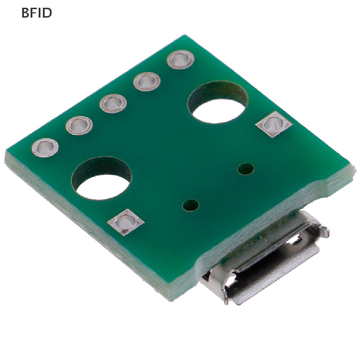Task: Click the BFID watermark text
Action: coord(37,13)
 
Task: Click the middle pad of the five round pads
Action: coord(113,104)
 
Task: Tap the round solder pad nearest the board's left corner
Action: coord(45,148)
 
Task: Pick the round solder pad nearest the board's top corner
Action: coord(180,59)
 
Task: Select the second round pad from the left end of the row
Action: coord(79,126)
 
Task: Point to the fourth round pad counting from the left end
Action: coord(147,82)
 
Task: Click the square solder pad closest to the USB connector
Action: coord(126,222)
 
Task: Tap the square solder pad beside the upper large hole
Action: coord(274,124)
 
